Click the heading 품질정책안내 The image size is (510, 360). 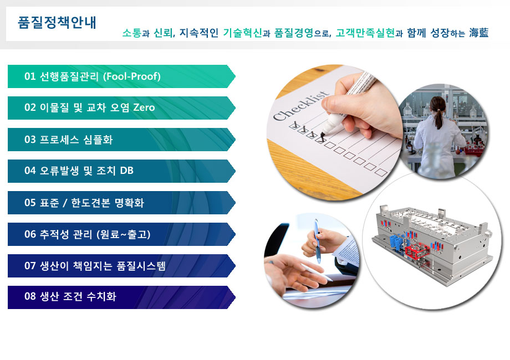point(57,22)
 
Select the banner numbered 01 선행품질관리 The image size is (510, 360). point(121,76)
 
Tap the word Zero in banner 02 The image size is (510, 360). point(144,107)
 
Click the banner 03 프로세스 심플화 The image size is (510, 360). point(121,140)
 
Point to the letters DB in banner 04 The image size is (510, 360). point(126,171)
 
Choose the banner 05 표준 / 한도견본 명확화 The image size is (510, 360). point(121,202)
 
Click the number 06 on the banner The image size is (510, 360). point(30,234)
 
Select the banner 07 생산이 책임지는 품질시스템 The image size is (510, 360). point(121,266)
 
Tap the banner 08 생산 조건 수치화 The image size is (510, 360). point(121,297)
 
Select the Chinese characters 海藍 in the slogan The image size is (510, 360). point(478,33)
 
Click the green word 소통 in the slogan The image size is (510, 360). point(132,33)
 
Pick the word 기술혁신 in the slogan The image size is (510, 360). point(242,33)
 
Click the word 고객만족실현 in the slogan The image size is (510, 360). point(365,33)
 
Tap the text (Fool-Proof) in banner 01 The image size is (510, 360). point(132,76)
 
